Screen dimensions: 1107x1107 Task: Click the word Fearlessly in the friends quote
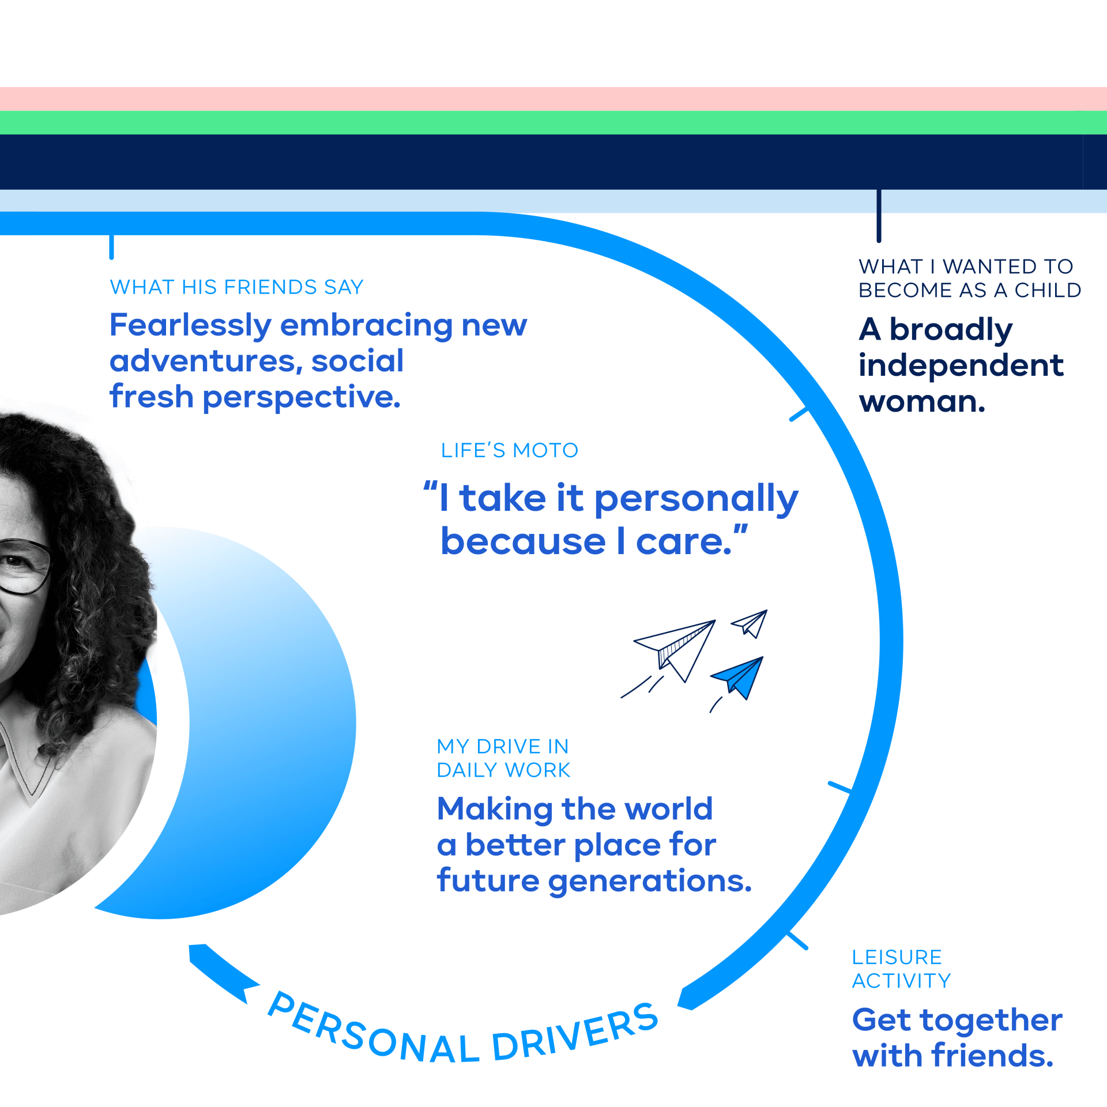click(190, 326)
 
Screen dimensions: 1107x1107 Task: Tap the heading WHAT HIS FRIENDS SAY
click(237, 287)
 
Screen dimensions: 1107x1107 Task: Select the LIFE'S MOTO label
click(510, 450)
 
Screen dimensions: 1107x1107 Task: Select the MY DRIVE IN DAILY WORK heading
click(503, 758)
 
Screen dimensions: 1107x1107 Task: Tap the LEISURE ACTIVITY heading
click(901, 969)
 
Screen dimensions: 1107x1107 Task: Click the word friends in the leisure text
click(992, 1056)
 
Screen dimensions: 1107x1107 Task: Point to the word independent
click(961, 366)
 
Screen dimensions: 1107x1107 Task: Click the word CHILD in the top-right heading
click(1048, 290)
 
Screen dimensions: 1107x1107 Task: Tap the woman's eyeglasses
click(23, 567)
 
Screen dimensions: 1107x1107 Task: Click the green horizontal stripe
click(553, 122)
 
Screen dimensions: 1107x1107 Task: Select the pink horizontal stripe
click(553, 99)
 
